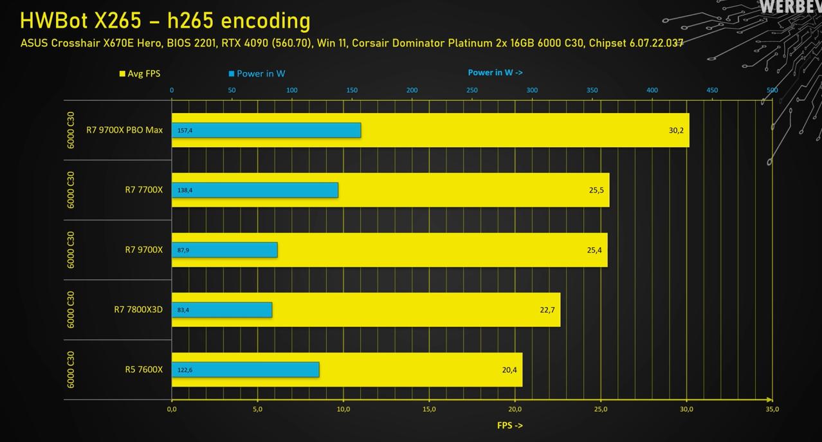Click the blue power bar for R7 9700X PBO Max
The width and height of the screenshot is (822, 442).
266,130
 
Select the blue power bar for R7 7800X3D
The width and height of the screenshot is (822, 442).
222,309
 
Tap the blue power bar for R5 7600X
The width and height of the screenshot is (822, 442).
245,369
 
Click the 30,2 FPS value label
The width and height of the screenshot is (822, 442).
676,130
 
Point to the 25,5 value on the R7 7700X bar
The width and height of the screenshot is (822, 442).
596,190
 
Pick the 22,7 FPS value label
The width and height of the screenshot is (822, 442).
547,309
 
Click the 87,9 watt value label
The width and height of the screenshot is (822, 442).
183,250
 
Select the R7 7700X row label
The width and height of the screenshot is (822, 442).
144,190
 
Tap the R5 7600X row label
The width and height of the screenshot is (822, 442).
144,369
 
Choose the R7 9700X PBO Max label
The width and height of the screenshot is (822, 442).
125,130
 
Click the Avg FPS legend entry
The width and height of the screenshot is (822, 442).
140,73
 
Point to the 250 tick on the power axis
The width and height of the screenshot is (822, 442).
472,90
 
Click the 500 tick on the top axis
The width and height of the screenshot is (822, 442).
772,90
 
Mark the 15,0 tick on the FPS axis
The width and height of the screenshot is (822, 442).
429,409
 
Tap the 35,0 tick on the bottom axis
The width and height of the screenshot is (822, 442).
772,409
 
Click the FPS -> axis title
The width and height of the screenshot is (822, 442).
510,425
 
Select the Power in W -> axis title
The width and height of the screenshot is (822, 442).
495,73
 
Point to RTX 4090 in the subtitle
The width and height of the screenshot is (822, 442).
243,43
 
